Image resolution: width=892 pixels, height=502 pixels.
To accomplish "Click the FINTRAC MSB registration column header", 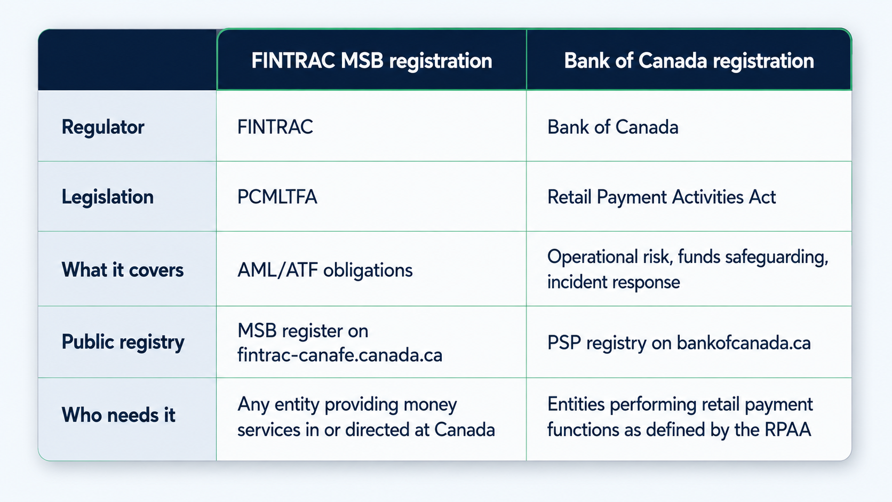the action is [371, 61].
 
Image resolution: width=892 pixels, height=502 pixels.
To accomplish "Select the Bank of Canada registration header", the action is [689, 61].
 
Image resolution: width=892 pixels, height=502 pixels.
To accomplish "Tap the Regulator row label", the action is [103, 128].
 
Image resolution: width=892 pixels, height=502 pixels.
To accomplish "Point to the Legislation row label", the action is [108, 197].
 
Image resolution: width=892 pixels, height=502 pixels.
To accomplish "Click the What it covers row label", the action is [123, 270].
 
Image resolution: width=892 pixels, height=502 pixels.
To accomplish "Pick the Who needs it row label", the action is [118, 415].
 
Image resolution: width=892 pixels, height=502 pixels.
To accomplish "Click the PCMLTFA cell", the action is [277, 197].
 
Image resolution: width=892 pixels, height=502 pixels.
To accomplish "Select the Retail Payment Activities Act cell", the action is [662, 197].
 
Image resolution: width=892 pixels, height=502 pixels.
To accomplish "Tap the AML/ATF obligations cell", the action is [325, 270].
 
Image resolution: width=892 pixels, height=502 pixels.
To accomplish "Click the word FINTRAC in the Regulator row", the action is [275, 128].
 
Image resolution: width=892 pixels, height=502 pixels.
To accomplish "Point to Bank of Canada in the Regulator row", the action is [613, 128].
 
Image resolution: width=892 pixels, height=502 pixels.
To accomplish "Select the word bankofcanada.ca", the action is [744, 343].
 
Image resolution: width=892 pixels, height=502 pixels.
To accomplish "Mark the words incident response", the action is [614, 282].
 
